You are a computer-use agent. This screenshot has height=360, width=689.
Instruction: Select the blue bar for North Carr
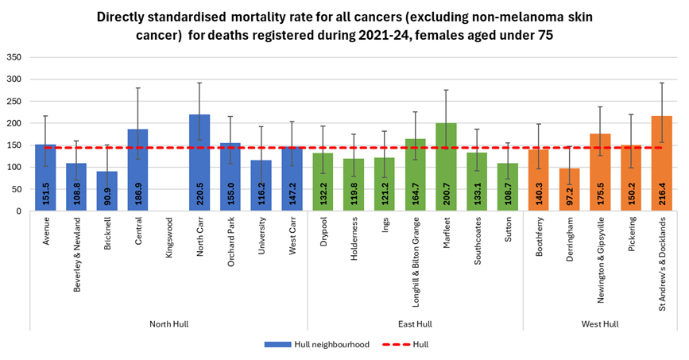199,163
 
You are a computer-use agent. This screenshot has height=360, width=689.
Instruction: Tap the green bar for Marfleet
446,167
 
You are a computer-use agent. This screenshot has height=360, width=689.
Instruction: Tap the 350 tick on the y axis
14,57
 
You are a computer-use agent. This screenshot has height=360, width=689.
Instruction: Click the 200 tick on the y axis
14,123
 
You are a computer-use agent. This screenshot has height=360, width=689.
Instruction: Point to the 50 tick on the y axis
17,189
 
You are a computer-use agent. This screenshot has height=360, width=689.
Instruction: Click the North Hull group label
168,323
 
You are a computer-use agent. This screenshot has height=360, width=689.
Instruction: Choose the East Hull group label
415,323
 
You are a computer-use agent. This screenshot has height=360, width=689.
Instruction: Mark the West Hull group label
600,323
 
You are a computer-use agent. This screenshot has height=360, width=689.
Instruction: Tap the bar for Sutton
508,188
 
